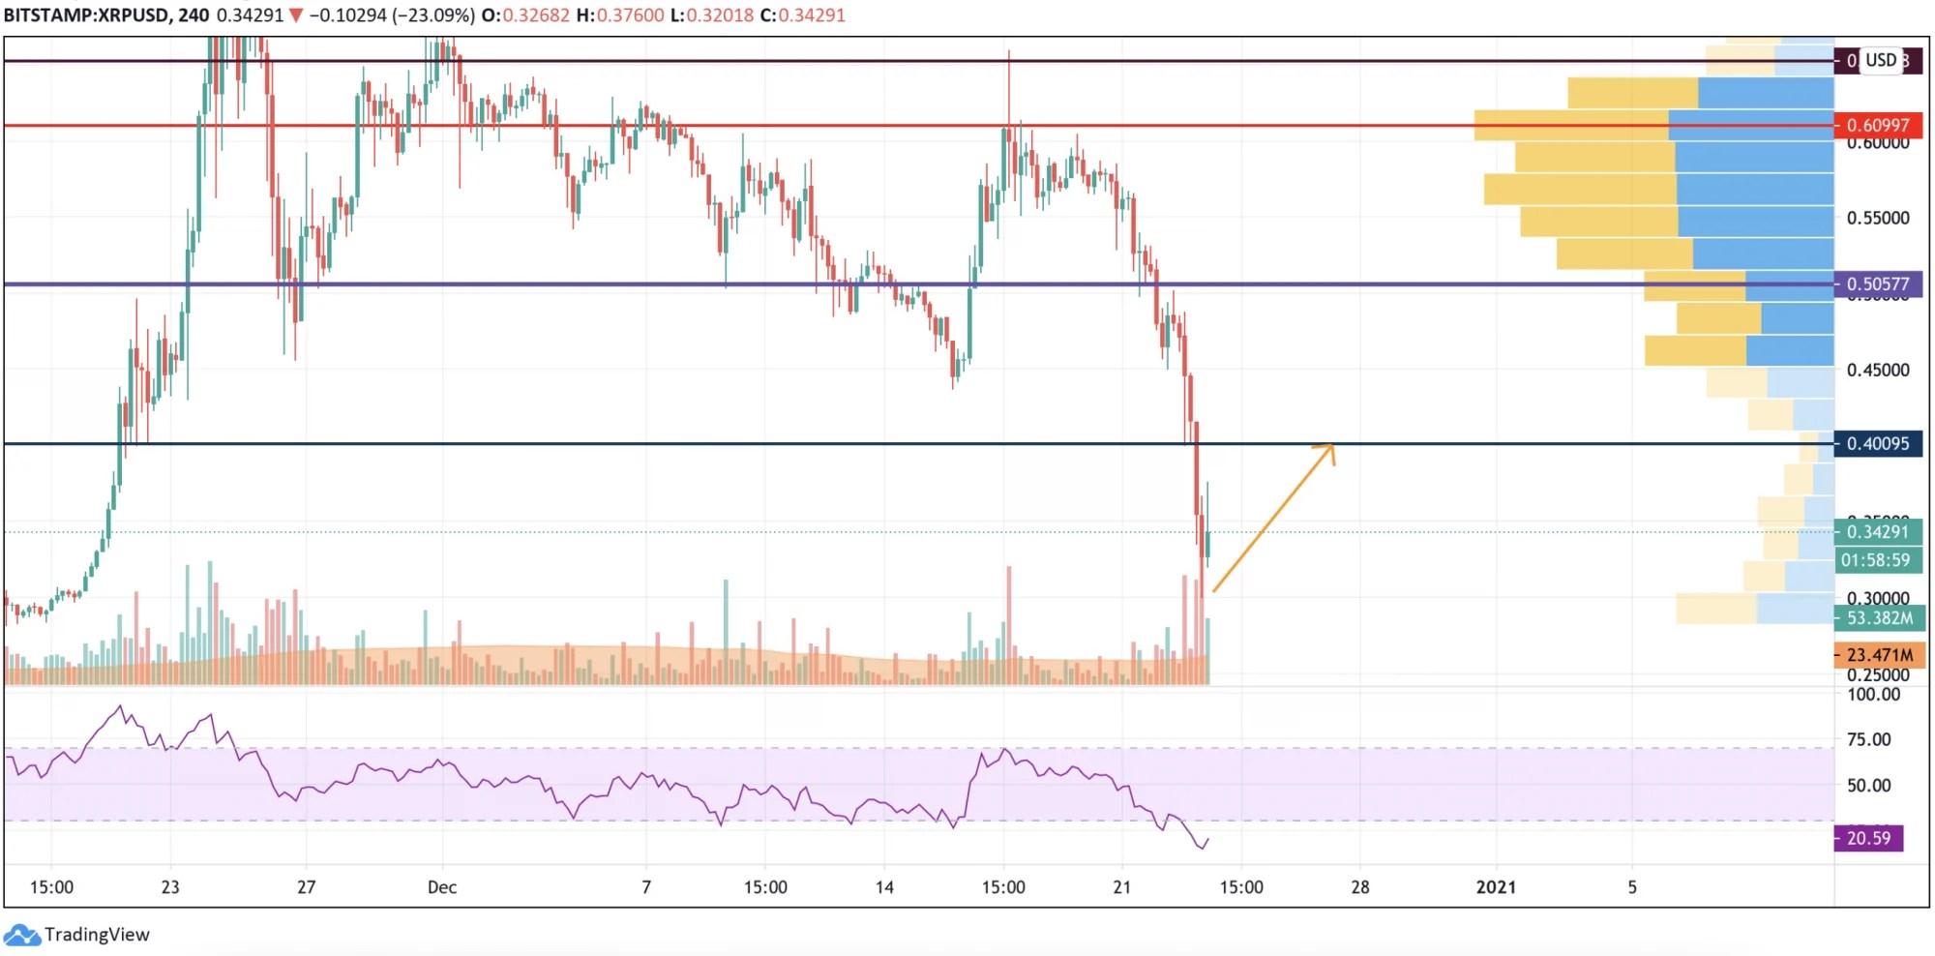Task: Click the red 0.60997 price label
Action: click(x=1877, y=125)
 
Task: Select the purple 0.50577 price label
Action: click(x=1877, y=284)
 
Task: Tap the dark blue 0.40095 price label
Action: click(x=1877, y=443)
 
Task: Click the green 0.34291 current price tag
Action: click(x=1877, y=531)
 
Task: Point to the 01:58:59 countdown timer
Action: click(x=1875, y=560)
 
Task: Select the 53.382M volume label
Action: click(x=1879, y=617)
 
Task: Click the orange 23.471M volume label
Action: click(x=1879, y=655)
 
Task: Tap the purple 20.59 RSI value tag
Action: click(x=1867, y=838)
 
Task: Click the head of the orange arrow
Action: click(x=1331, y=446)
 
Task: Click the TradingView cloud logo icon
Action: click(x=21, y=935)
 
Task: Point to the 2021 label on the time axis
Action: click(x=1496, y=886)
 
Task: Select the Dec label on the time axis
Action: click(x=442, y=886)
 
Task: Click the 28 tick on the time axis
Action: click(x=1359, y=886)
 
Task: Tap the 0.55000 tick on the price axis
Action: click(x=1877, y=218)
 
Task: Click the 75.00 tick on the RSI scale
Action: click(x=1868, y=739)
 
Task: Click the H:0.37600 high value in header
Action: click(x=619, y=15)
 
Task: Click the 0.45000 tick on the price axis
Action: click(x=1877, y=370)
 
